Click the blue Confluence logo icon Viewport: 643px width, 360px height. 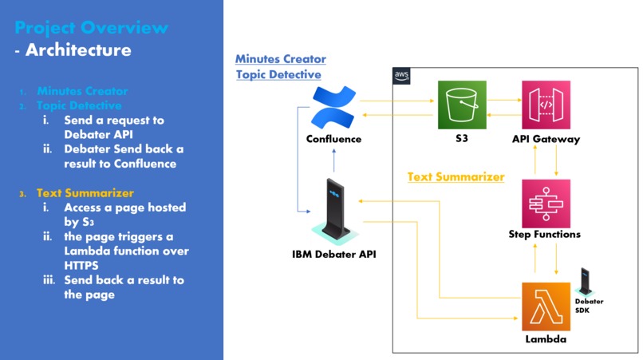pos(333,107)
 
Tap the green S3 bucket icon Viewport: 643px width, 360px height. pos(462,105)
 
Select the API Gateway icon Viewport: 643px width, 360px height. pos(546,105)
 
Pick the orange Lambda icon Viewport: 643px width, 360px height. pos(546,307)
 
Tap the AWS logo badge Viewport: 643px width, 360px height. pos(401,76)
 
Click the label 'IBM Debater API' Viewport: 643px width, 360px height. pos(333,255)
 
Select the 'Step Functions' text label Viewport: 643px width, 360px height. pos(545,235)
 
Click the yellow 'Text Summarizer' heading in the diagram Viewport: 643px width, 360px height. pos(456,176)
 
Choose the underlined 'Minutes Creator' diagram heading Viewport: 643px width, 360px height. pos(281,59)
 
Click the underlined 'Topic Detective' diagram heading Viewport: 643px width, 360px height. pos(278,75)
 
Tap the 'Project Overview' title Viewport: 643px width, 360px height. pos(92,28)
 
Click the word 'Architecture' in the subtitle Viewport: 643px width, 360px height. pos(78,50)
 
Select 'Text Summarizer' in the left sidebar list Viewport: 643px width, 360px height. pos(85,193)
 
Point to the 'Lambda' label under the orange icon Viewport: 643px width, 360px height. pos(546,339)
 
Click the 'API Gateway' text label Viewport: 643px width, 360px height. pos(546,139)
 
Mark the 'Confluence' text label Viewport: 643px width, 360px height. pos(333,139)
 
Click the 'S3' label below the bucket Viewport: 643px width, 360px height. pos(462,139)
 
